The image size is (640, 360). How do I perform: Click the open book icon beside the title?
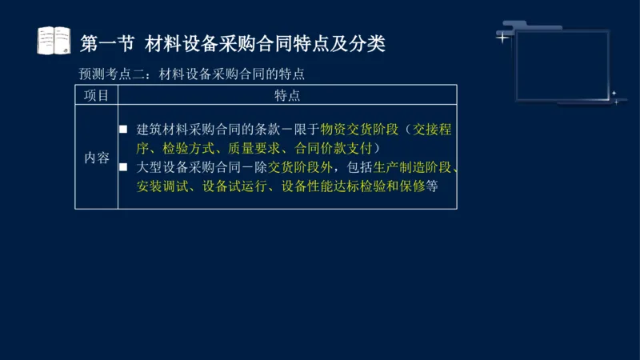click(54, 41)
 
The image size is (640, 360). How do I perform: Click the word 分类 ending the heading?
click(367, 42)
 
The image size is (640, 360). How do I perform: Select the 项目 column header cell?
click(97, 95)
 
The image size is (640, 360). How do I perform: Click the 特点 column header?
click(287, 95)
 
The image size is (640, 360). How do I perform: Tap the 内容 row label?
click(97, 158)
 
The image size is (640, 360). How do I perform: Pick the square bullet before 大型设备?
click(123, 168)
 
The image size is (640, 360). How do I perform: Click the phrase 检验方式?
click(183, 148)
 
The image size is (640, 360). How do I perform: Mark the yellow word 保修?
click(414, 186)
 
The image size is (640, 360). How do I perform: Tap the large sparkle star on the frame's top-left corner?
click(502, 36)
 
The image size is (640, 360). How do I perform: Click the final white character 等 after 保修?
click(432, 186)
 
